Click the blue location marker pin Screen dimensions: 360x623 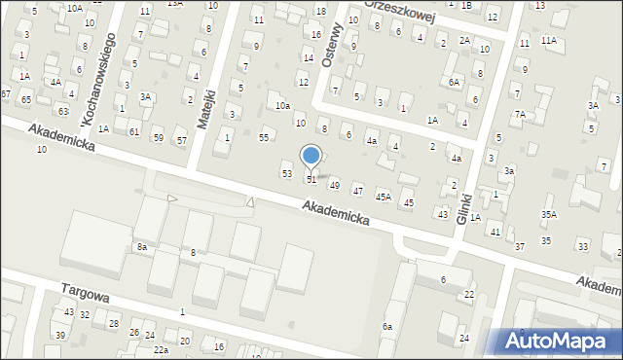pos(311,156)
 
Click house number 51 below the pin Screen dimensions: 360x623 pos(311,180)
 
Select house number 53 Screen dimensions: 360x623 pos(286,173)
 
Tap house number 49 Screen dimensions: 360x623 pos(335,185)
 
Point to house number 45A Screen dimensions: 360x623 pos(384,197)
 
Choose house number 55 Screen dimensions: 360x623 pos(264,137)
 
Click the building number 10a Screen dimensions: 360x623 pos(282,105)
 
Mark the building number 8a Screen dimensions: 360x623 pos(141,247)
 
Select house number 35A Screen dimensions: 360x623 pos(549,214)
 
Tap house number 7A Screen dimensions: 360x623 pos(520,115)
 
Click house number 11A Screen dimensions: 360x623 pos(549,40)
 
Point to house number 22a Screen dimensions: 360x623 pos(161,349)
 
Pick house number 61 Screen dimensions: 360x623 pos(134,130)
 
